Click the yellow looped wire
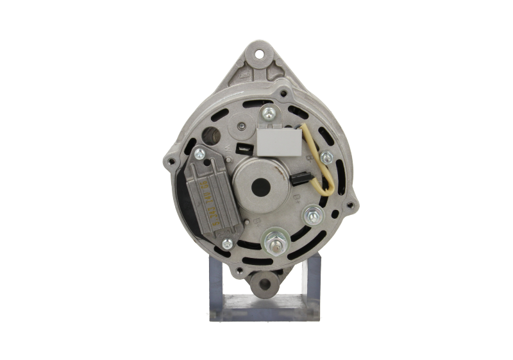coord(325,168)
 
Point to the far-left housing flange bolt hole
coord(171,157)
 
